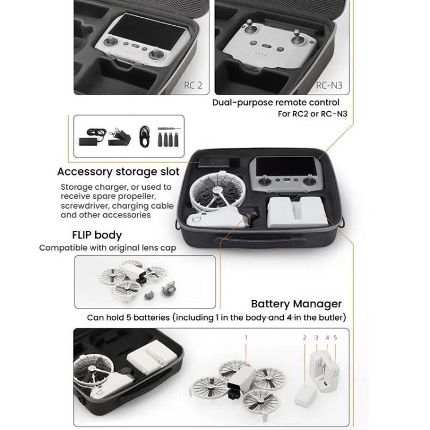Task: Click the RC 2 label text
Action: (193, 86)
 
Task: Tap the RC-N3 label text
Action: (332, 86)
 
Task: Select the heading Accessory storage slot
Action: (118, 171)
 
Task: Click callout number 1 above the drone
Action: (246, 338)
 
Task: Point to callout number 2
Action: (304, 338)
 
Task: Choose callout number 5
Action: (335, 338)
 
